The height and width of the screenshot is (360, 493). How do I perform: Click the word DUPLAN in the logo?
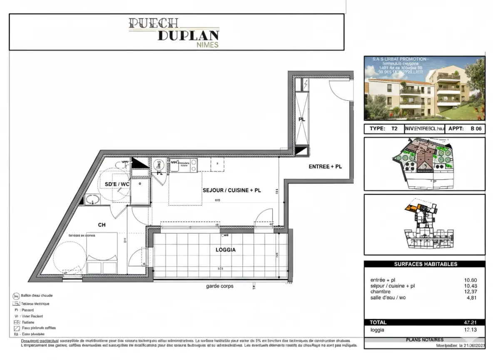(x=188, y=35)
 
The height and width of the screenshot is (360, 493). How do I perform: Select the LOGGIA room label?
(x=225, y=250)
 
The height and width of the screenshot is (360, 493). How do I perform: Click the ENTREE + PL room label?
(x=325, y=167)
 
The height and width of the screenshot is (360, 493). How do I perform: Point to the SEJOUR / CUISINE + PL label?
(x=232, y=190)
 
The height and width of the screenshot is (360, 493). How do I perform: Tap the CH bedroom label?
(x=102, y=225)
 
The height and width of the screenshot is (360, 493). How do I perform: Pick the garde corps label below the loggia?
(x=219, y=286)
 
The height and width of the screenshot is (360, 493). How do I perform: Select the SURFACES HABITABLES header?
(x=425, y=264)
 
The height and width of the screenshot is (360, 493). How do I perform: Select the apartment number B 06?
(x=476, y=129)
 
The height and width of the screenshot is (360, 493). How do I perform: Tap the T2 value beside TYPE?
(x=394, y=129)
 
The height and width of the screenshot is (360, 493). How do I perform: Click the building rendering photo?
(x=424, y=88)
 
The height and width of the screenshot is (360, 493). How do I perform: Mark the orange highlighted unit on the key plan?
(x=412, y=206)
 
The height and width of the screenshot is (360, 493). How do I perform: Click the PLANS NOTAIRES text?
(x=424, y=340)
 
